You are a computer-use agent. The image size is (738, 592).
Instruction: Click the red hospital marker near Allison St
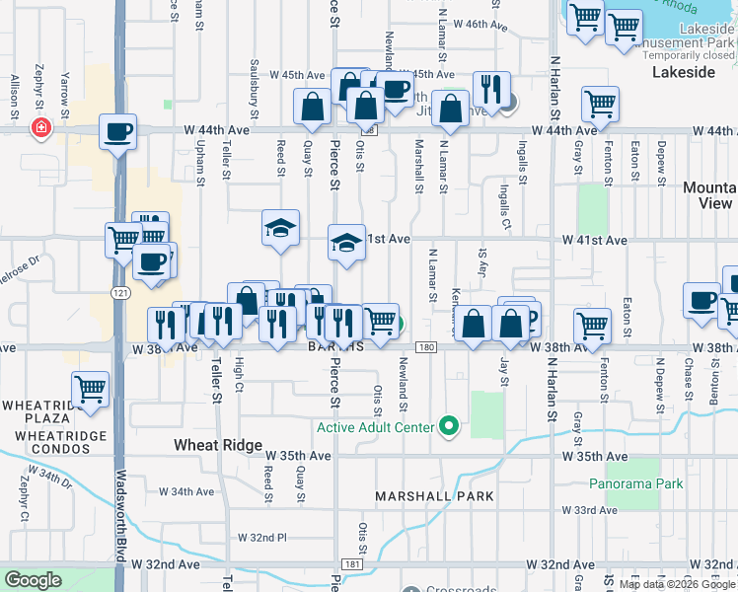[x=40, y=128]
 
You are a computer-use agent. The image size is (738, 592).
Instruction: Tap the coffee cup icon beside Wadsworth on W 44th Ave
[x=117, y=132]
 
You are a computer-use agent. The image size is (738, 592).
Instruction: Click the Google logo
[x=33, y=580]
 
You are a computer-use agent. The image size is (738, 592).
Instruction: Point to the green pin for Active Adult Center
[x=450, y=427]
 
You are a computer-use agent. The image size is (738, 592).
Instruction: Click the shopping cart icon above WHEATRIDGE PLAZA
[x=90, y=389]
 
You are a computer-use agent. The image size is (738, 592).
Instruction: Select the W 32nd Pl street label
[x=261, y=538]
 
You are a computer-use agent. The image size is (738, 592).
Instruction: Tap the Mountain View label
[x=707, y=194]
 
